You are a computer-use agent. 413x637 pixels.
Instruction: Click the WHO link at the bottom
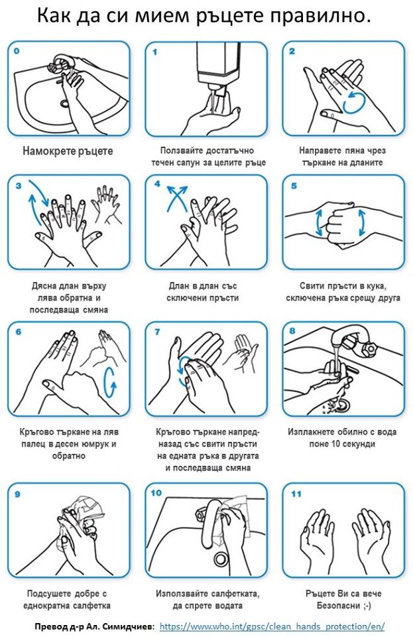tap(272, 626)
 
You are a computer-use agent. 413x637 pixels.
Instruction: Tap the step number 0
tap(16, 51)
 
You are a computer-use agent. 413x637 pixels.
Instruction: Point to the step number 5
tap(294, 186)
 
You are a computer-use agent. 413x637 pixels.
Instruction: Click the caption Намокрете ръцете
tap(68, 151)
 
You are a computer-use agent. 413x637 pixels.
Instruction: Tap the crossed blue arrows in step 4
tap(177, 198)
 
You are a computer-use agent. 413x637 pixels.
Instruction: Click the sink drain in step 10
tap(221, 559)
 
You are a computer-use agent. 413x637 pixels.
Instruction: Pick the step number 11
tap(296, 494)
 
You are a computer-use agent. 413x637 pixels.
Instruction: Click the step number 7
tap(157, 332)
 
